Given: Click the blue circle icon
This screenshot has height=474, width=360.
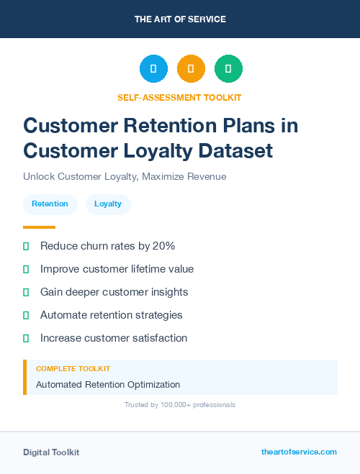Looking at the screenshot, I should pos(153,69).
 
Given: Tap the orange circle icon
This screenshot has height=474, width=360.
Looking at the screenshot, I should pos(191,69).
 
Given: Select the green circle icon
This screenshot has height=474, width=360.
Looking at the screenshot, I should pos(228,69).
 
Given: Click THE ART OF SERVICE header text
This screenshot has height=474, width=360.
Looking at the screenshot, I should pos(180,19).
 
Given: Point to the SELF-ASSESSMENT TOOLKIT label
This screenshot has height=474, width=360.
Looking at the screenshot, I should pos(179,97).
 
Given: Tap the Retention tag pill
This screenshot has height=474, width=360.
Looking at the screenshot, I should pos(50,204).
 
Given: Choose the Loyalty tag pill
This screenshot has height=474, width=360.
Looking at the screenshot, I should pos(108,204).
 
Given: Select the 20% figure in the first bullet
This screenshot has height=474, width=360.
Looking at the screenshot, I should pos(163,246).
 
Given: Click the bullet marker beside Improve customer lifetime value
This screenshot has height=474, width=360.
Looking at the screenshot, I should pos(26,269).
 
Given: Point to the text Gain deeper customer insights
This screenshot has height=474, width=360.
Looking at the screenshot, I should pos(114,292).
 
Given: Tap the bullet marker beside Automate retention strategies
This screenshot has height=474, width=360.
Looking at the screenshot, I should pos(26,315).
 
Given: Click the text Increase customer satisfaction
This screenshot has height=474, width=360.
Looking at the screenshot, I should pos(113,338).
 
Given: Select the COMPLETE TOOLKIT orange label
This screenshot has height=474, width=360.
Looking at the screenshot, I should pos(69,369).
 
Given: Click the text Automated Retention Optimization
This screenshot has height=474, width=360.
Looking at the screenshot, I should pos(108,385).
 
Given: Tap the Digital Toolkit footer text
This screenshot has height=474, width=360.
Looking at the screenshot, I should pos(51,452).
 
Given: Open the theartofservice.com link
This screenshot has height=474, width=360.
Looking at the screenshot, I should pos(299,452).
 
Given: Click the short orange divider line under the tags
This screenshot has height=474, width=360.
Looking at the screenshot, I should pos(39,227).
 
